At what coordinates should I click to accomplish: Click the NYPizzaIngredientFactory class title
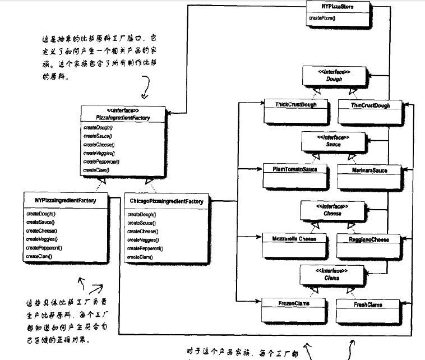65,200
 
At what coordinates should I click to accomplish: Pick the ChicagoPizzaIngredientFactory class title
167,201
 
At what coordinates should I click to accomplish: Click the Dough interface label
334,79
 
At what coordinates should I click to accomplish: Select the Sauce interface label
332,144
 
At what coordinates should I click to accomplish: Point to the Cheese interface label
332,214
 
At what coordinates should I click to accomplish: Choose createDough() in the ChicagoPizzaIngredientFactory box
141,214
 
